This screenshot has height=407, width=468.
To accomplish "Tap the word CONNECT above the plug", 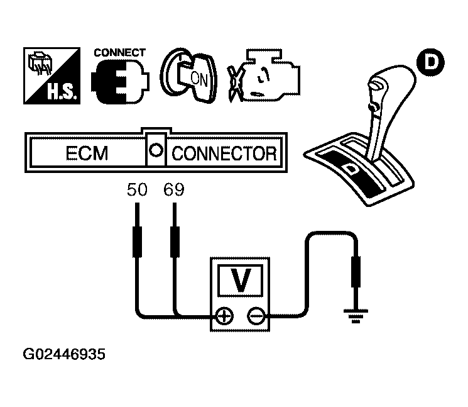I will [119, 53].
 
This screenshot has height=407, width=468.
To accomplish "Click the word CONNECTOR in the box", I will [224, 153].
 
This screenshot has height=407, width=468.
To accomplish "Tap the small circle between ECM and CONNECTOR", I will [155, 152].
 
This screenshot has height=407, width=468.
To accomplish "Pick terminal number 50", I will [136, 189].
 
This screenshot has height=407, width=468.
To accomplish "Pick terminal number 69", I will [173, 189].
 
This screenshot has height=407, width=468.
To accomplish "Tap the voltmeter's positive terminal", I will [222, 317].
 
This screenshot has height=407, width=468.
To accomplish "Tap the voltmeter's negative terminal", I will [256, 317].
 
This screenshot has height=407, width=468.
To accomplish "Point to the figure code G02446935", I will [65, 355].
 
